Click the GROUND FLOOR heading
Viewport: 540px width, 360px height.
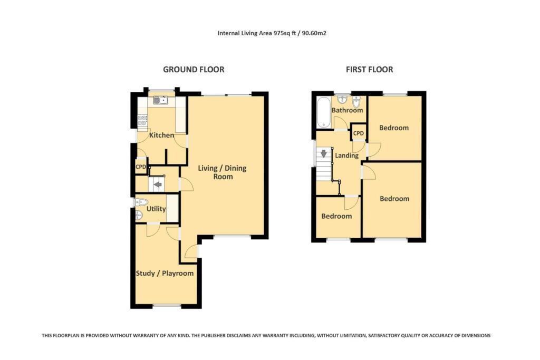pos(194,70)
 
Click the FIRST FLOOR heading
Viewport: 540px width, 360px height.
pos(369,70)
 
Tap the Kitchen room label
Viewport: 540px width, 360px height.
pos(161,135)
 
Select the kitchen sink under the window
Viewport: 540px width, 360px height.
pos(160,100)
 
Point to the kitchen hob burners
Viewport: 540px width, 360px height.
pos(142,121)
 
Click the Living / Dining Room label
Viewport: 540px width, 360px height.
pos(222,172)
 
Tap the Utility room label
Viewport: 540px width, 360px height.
pos(156,209)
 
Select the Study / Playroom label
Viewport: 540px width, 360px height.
pos(165,273)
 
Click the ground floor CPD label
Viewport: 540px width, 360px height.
pos(141,167)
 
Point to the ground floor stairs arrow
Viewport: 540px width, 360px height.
pos(157,184)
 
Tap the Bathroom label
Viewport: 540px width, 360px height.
pos(347,110)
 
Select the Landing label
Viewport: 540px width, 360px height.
pos(346,155)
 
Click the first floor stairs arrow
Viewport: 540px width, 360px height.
pos(323,154)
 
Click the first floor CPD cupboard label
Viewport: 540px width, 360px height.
pos(359,133)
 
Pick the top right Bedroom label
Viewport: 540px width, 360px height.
pos(394,128)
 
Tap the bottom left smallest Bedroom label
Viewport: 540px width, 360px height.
pos(336,216)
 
